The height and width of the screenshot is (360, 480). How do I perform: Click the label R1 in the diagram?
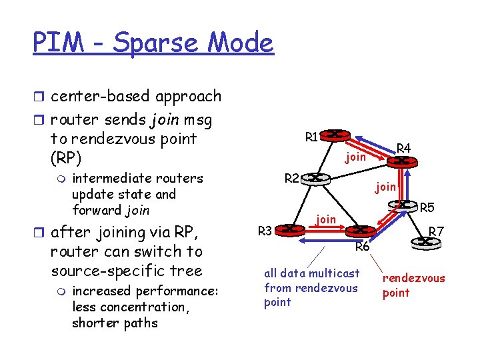click(x=311, y=137)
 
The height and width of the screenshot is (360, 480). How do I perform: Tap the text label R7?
click(x=436, y=231)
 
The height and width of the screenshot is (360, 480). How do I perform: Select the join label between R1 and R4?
click(x=355, y=157)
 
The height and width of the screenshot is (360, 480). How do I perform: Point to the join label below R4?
click(x=386, y=187)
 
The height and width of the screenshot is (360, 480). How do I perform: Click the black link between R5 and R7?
click(x=421, y=227)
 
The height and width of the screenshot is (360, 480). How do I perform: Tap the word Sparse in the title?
click(x=161, y=43)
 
